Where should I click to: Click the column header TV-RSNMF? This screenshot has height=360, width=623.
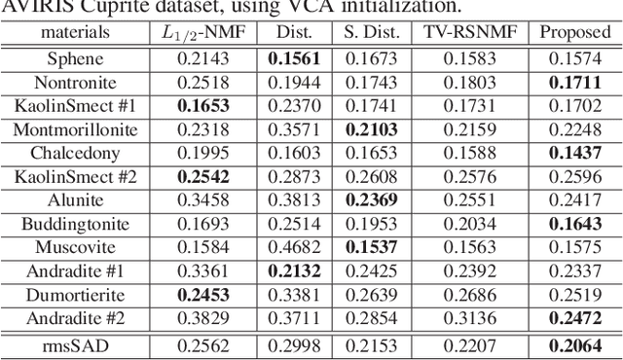(470, 34)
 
